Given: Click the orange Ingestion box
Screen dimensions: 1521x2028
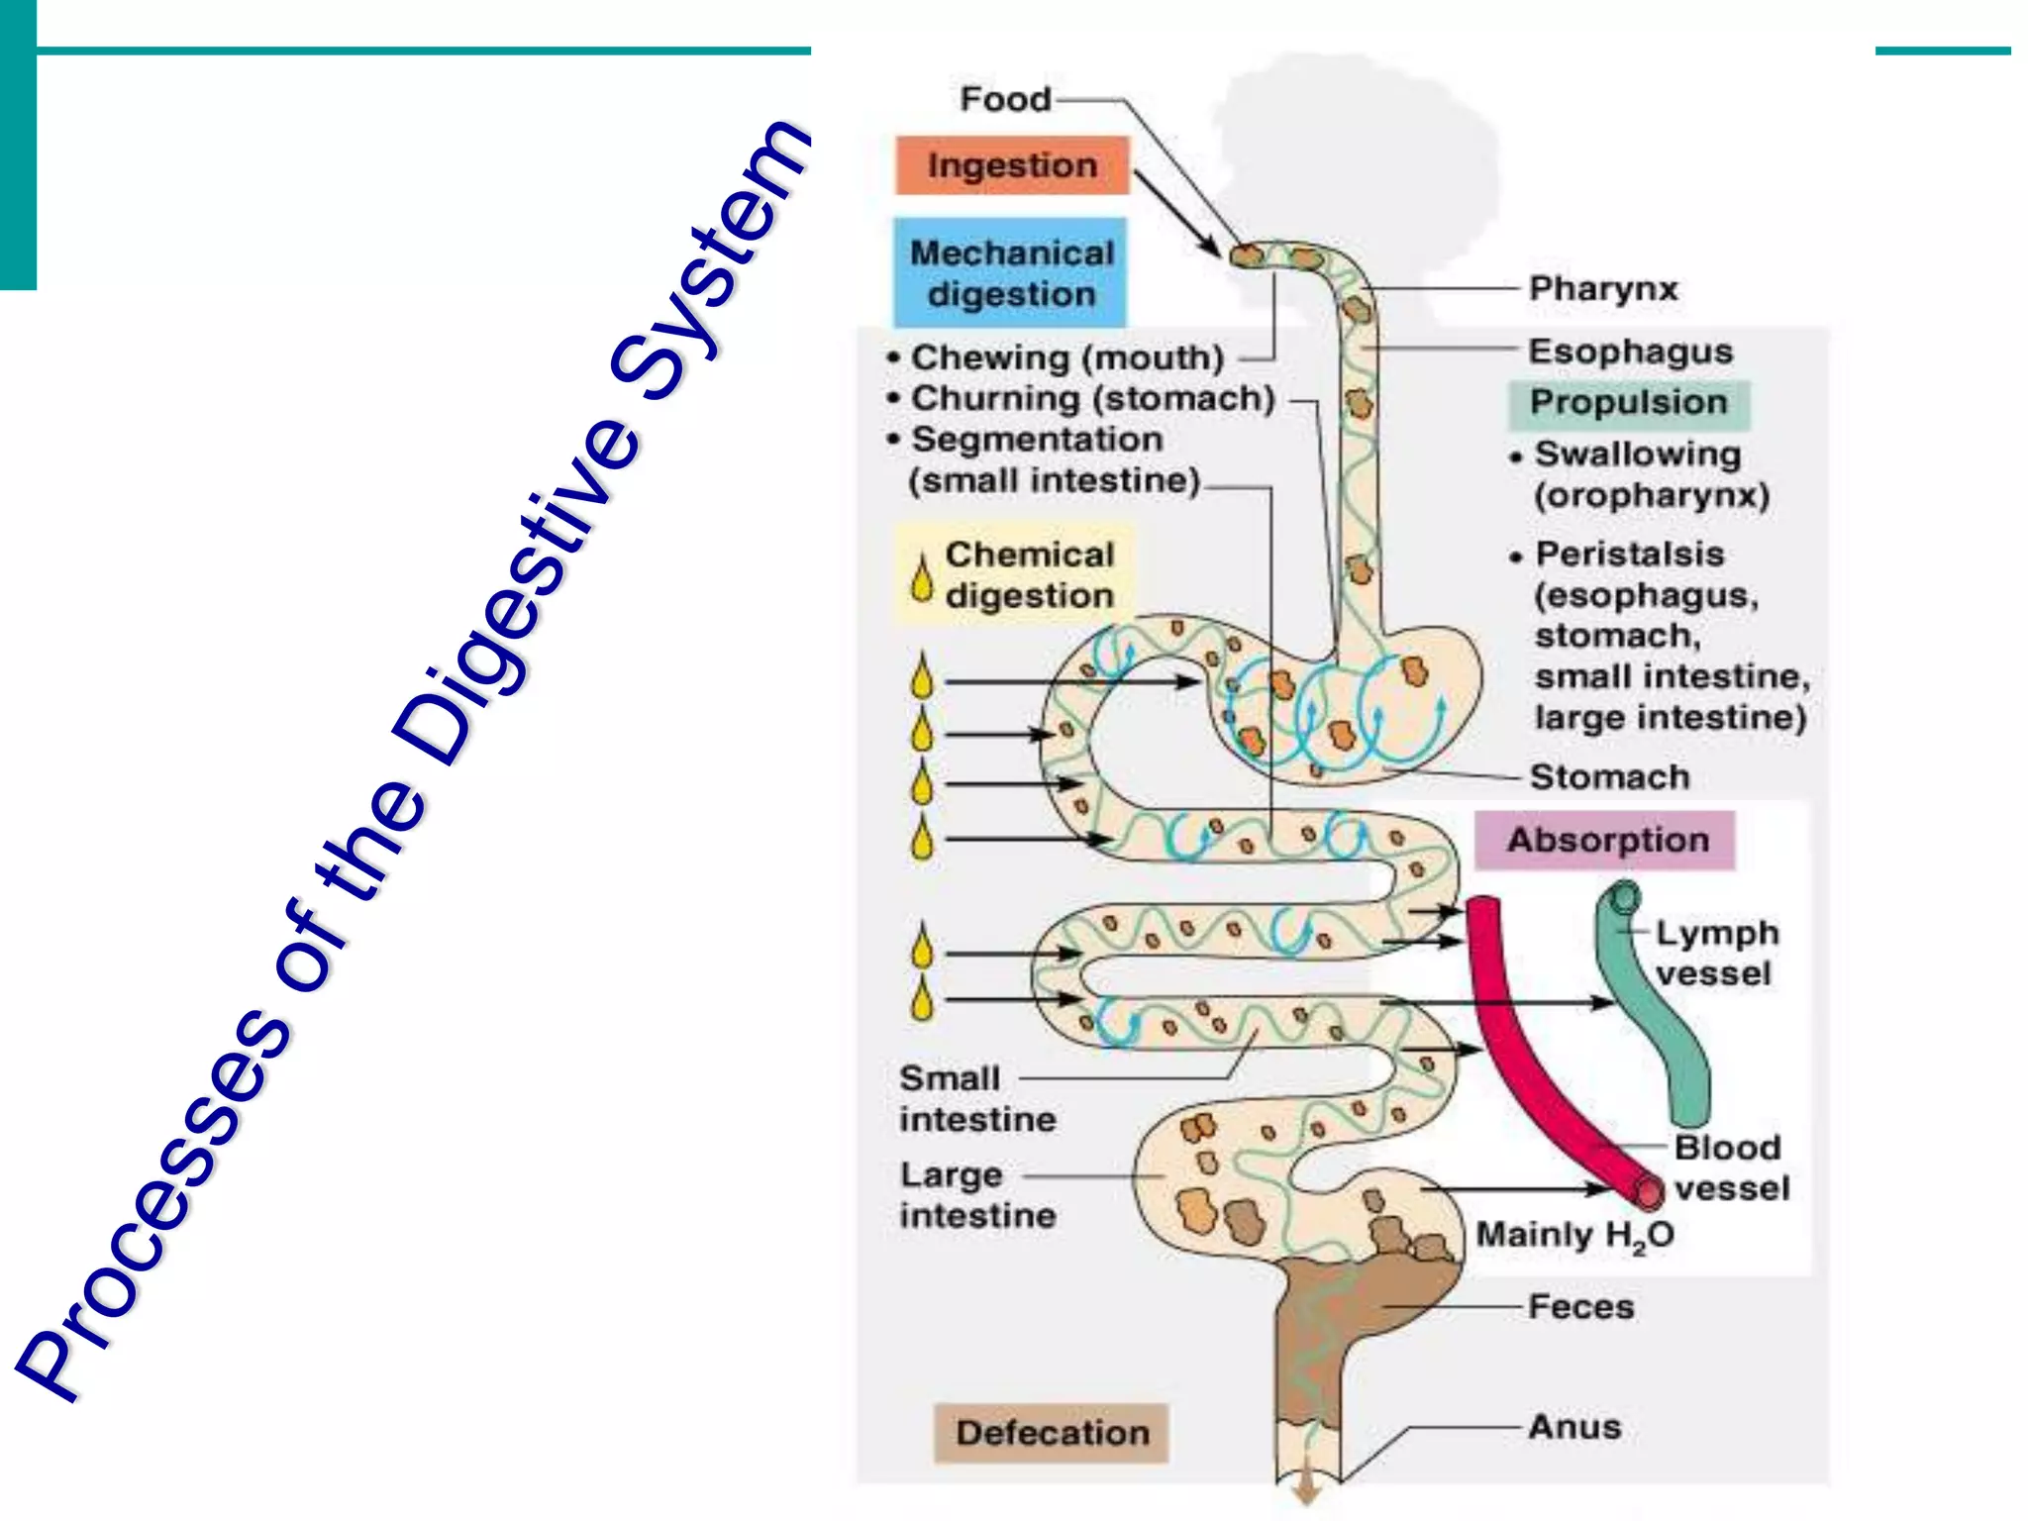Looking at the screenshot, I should pyautogui.click(x=1012, y=165).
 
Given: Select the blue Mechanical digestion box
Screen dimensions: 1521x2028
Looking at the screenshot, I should pyautogui.click(x=1010, y=273).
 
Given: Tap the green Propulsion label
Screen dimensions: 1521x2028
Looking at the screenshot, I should pyautogui.click(x=1629, y=403).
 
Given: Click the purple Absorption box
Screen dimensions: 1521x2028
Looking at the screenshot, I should pyautogui.click(x=1606, y=841).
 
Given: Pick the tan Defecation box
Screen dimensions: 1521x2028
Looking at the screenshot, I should pyautogui.click(x=1052, y=1433).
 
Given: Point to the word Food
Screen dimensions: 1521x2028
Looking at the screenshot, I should pyautogui.click(x=1005, y=99).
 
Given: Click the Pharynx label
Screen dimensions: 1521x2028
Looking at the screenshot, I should pyautogui.click(x=1603, y=289).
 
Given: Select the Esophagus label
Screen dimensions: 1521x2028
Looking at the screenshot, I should pyautogui.click(x=1630, y=352).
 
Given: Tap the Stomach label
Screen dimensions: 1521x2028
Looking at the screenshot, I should pyautogui.click(x=1609, y=777).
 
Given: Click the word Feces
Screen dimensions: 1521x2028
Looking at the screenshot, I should pyautogui.click(x=1580, y=1307).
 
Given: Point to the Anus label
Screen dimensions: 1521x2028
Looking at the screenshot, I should pyautogui.click(x=1574, y=1427).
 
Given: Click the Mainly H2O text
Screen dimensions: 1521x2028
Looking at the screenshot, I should pyautogui.click(x=1574, y=1236).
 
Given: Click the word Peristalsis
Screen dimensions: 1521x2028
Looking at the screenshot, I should pyautogui.click(x=1630, y=554).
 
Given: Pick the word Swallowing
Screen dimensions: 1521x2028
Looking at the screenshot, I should pyautogui.click(x=1638, y=454).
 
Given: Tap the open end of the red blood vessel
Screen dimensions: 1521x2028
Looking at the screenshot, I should pyautogui.click(x=1649, y=1191).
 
